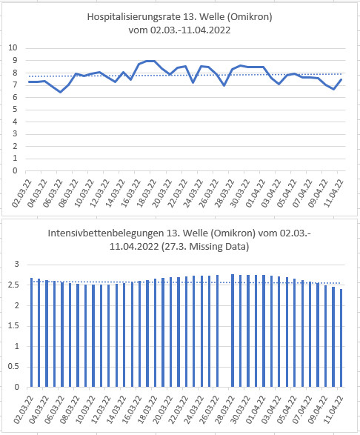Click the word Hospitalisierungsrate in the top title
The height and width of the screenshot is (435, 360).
click(133, 17)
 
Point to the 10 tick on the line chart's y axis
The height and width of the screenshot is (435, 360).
click(13, 47)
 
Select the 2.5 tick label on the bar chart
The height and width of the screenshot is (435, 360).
click(14, 285)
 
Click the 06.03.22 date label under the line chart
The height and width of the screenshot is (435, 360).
click(53, 193)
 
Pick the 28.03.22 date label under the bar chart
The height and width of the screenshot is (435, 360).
click(225, 410)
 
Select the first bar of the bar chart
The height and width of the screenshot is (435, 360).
click(31, 332)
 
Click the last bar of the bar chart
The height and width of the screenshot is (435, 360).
click(341, 338)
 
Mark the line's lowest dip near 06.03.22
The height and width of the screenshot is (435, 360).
click(61, 92)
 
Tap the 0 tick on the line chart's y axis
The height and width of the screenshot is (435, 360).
click(15, 171)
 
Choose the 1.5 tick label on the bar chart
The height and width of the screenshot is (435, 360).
click(14, 326)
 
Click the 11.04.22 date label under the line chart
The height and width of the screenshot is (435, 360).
click(334, 193)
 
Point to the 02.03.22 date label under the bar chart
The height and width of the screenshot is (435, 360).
click(23, 410)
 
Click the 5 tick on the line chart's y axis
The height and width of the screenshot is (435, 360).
click(15, 109)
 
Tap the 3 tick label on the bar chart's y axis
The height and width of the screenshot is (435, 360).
click(16, 264)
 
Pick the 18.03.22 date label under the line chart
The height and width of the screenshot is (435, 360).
click(147, 193)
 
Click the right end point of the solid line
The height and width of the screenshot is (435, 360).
click(341, 79)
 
